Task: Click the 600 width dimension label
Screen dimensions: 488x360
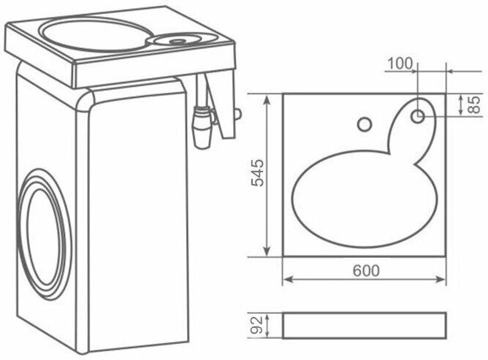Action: (365, 270)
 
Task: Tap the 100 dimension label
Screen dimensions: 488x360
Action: (400, 64)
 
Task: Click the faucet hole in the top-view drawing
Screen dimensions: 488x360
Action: (419, 115)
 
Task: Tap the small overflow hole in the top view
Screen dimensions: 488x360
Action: (363, 124)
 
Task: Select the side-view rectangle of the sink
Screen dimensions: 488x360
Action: (364, 325)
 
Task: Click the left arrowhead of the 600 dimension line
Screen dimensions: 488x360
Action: (286, 279)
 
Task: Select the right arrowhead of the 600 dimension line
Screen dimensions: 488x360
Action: (443, 279)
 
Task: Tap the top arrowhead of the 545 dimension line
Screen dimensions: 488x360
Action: (271, 96)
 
